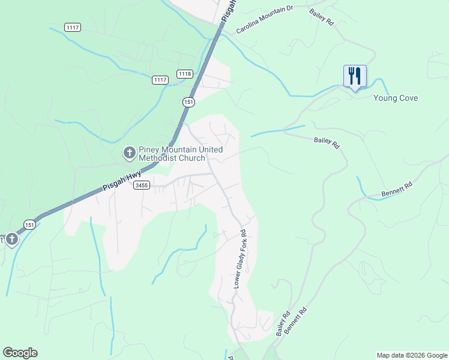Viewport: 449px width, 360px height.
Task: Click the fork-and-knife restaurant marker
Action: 354,76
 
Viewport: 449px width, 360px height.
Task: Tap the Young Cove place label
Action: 395,98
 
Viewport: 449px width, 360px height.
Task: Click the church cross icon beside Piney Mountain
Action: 129,154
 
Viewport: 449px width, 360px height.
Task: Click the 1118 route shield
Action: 185,74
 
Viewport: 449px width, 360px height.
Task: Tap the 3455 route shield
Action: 142,185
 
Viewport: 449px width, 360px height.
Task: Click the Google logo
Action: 20,353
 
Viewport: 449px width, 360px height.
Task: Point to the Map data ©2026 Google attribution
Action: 411,355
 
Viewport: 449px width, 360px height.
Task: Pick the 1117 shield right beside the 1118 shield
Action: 160,80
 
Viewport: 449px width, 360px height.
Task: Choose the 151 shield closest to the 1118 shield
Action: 188,102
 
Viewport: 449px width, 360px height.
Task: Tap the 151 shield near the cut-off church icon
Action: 29,224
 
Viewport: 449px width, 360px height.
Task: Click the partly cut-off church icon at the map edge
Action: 10,240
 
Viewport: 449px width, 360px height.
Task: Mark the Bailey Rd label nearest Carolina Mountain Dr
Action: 321,16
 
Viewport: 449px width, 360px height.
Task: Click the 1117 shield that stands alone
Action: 73,28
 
